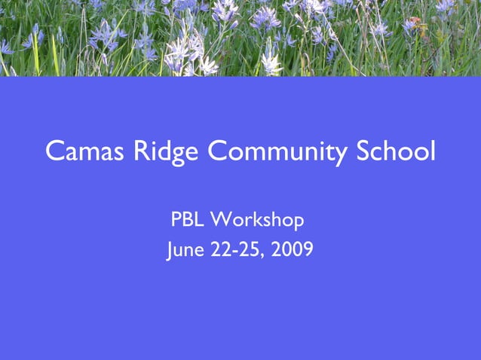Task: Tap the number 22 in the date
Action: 221,250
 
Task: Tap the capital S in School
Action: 363,152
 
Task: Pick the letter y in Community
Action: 341,156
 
